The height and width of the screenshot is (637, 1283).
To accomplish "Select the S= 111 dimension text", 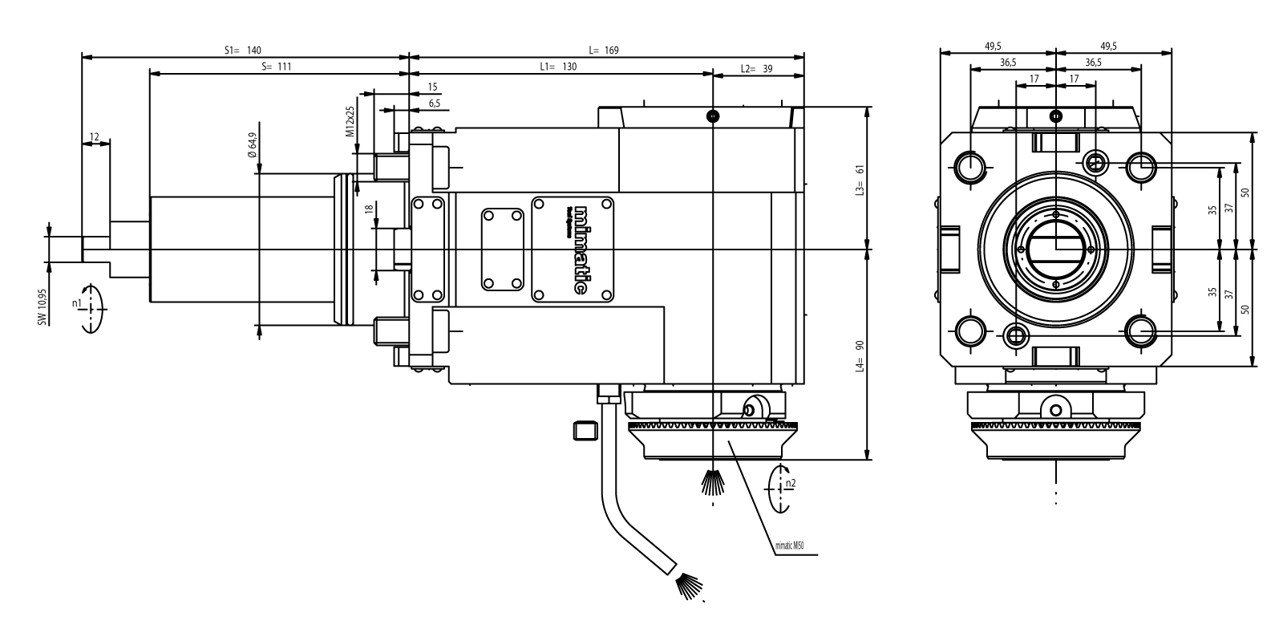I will pyautogui.click(x=276, y=67).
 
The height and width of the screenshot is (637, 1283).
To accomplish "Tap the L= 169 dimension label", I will pyautogui.click(x=603, y=50).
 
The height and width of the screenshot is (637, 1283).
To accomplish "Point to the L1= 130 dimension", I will pyautogui.click(x=558, y=67).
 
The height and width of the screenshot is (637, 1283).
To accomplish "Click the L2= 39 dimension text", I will pyautogui.click(x=756, y=69).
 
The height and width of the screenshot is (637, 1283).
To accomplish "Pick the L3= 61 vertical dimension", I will pyautogui.click(x=859, y=181).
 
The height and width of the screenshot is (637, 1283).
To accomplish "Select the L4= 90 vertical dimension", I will pyautogui.click(x=859, y=356).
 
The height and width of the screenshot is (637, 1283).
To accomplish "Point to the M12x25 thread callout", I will pyautogui.click(x=350, y=122).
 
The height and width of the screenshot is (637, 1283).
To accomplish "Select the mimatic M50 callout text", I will pyautogui.click(x=789, y=546).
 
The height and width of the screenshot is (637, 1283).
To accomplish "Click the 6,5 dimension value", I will pyautogui.click(x=434, y=103).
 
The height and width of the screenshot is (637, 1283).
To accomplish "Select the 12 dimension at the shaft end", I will pyautogui.click(x=95, y=137).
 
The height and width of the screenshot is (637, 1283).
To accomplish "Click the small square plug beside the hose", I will pyautogui.click(x=584, y=430).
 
